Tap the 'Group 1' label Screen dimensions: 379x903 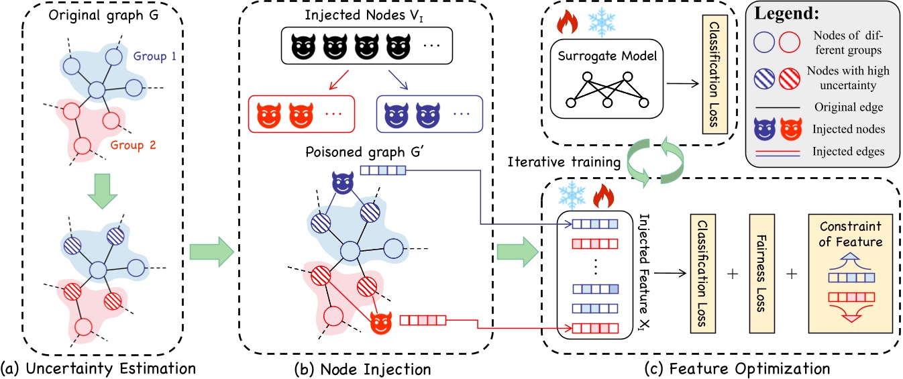(154, 58)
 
